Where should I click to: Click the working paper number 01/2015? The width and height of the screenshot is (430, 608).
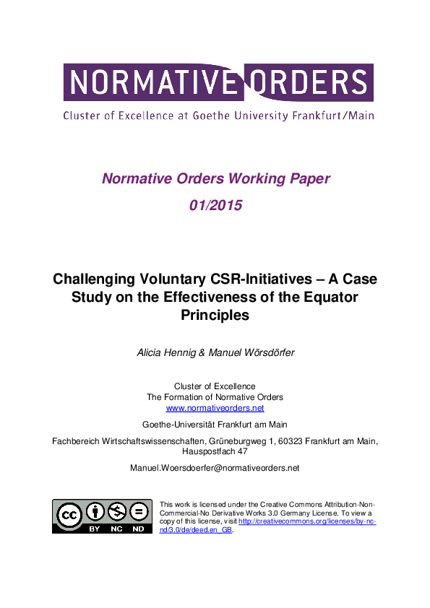coord(215,205)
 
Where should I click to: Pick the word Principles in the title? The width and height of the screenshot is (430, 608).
coord(215,315)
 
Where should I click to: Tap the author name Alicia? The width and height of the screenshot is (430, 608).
coord(152,352)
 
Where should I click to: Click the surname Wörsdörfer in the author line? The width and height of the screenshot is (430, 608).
coord(268,352)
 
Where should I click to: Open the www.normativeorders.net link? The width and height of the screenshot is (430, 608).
coord(215,408)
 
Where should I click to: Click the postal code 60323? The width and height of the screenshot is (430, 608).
coord(275,440)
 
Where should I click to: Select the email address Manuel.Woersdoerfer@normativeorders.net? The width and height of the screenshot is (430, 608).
coord(215,468)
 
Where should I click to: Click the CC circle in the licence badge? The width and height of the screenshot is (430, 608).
coord(70,515)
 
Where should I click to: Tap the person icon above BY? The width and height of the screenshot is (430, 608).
coord(95,513)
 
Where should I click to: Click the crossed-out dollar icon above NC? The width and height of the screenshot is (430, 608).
coord(116,513)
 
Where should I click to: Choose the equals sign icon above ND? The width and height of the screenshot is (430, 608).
coord(137,513)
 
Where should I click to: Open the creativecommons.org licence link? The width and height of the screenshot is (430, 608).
coord(304,521)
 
